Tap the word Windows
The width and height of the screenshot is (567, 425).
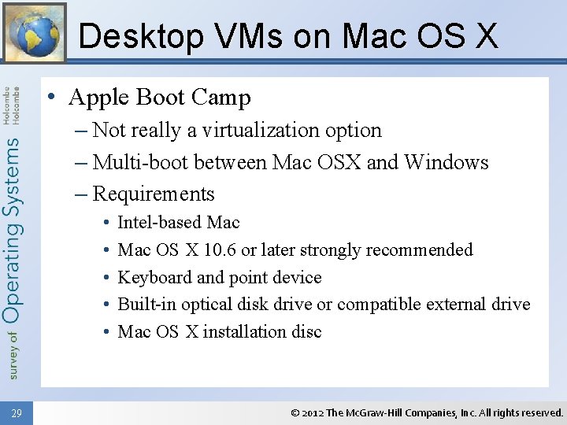point(447,162)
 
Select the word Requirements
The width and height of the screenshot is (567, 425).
point(154,194)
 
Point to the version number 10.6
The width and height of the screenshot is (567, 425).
point(220,250)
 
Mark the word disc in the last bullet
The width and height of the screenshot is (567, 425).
point(307,331)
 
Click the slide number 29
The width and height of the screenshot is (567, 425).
point(17,412)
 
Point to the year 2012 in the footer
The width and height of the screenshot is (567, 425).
point(312,412)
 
